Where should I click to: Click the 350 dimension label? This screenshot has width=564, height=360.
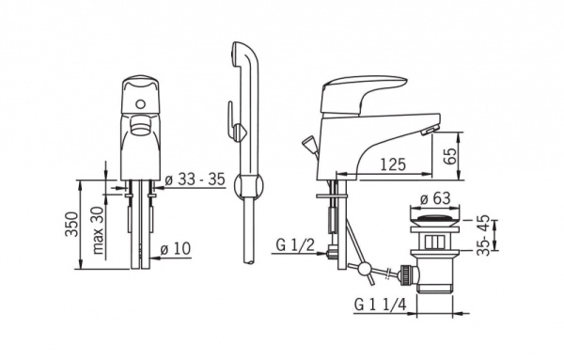71,224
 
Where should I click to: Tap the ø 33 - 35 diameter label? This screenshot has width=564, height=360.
195,180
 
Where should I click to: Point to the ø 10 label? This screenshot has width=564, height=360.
176,248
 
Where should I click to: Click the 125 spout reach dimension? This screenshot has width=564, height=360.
393,164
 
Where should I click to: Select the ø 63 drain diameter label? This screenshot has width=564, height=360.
435,198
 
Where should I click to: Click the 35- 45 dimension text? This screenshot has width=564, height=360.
483,235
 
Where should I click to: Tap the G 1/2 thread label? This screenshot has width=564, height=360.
295,245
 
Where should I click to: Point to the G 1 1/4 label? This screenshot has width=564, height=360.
381,305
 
